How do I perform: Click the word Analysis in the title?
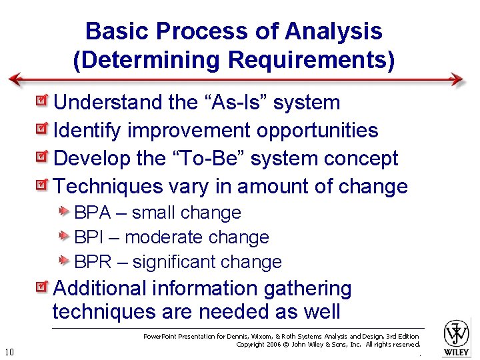pyautogui.click(x=333, y=31)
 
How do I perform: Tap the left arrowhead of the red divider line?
pyautogui.click(x=15, y=79)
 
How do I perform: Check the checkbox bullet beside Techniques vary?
pyautogui.click(x=43, y=185)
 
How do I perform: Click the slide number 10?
pyautogui.click(x=9, y=352)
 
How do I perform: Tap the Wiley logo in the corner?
pyautogui.click(x=457, y=337)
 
